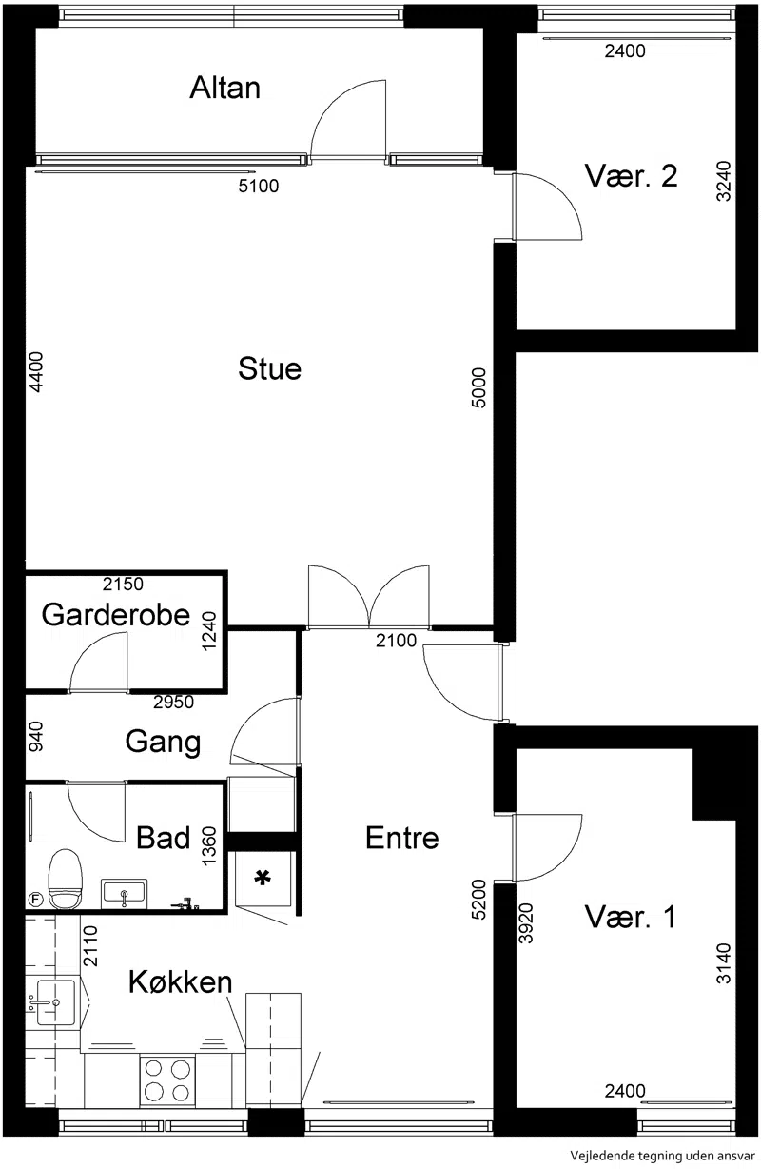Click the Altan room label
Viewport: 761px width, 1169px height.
[224, 88]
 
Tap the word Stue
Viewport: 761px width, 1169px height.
[269, 368]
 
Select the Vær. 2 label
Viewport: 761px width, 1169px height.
[631, 175]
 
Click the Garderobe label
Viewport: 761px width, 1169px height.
[116, 614]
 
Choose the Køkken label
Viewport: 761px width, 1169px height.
[180, 981]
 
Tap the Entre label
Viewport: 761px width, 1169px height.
[402, 838]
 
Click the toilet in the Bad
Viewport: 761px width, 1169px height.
[66, 880]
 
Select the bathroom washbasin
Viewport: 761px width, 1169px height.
[125, 894]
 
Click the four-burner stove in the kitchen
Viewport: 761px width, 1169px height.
[167, 1080]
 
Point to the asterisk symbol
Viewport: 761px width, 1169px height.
[263, 878]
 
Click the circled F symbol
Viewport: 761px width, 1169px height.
[35, 900]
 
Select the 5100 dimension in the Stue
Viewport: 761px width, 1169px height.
[259, 186]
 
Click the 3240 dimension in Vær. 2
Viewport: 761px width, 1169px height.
[724, 181]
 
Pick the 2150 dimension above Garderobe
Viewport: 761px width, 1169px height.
[123, 584]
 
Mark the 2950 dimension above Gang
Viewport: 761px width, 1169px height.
[174, 702]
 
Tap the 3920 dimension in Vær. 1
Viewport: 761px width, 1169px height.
[526, 923]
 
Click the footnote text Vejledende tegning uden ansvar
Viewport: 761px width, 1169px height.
[662, 1156]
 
